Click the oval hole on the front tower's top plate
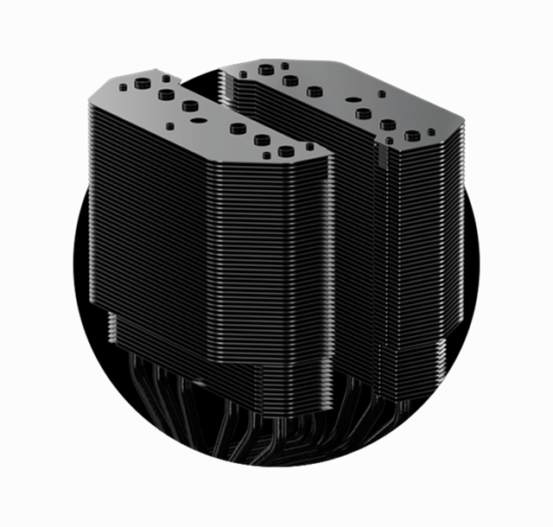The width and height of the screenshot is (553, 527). coord(199,121)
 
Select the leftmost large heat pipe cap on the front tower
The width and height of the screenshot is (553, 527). coord(143,83)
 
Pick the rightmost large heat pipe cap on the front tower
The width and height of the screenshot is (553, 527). coord(286,151)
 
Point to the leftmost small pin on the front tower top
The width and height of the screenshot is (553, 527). coord(123,87)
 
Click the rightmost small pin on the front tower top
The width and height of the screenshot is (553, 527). coord(309,146)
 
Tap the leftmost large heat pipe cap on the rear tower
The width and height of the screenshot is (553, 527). coord(266,70)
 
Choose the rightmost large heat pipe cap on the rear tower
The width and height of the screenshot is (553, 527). coord(412,136)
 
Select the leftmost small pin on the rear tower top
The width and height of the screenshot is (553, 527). coord(243,74)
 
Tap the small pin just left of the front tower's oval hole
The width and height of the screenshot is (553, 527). coord(169,126)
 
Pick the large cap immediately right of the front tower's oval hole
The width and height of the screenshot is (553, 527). coord(238,128)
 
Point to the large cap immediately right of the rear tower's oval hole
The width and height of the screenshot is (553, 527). coord(363,113)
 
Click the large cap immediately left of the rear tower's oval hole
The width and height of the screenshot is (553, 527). coord(315,92)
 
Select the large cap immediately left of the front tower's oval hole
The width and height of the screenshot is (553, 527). coord(190,105)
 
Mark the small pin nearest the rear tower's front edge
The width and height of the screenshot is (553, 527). coord(389,141)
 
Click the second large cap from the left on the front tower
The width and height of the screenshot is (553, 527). coord(166,94)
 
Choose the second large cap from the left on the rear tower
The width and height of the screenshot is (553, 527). coord(290,80)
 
